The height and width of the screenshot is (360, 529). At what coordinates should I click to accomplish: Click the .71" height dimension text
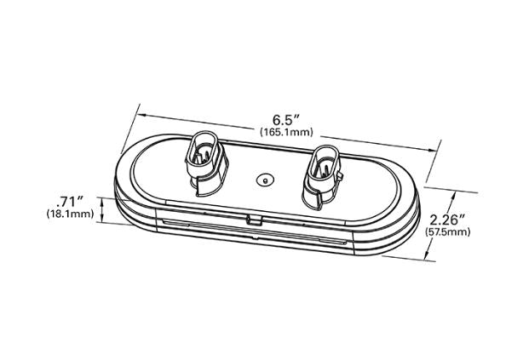(x=70, y=201)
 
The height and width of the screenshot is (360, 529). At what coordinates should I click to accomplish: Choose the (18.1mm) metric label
(x=69, y=214)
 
